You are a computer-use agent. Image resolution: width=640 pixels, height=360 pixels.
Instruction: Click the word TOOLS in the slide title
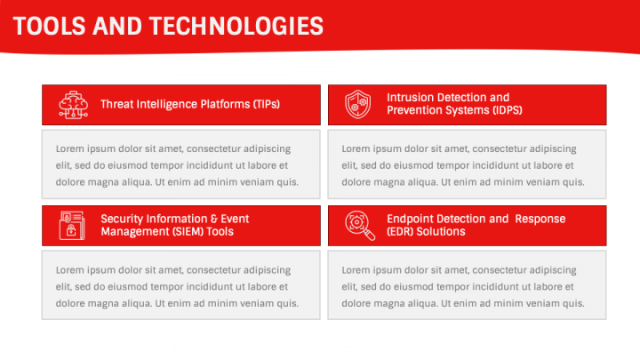tap(50, 26)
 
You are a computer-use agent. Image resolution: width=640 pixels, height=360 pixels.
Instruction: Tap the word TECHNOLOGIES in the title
tap(236, 26)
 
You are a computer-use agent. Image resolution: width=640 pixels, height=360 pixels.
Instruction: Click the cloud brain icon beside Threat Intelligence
tap(73, 105)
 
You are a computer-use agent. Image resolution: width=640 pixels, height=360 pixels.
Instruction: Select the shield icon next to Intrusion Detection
tap(358, 105)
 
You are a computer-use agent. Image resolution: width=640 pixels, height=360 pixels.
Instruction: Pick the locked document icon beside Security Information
tap(72, 226)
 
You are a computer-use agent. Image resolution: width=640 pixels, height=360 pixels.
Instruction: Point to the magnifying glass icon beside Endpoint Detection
tap(360, 225)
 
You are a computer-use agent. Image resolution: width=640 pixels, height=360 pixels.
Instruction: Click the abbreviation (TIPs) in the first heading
tap(267, 104)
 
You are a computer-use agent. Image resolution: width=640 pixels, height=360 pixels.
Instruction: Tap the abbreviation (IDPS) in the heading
tap(508, 110)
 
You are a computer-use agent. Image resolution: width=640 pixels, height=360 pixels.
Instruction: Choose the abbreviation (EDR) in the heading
tap(400, 231)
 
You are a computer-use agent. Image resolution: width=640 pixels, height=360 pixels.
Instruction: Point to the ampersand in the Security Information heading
tap(214, 219)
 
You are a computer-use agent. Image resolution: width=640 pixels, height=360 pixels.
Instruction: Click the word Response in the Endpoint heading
tap(540, 219)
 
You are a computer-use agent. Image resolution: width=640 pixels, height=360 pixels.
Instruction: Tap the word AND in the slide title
tap(117, 26)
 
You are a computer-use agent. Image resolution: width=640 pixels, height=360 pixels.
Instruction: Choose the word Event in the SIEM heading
tap(235, 219)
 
